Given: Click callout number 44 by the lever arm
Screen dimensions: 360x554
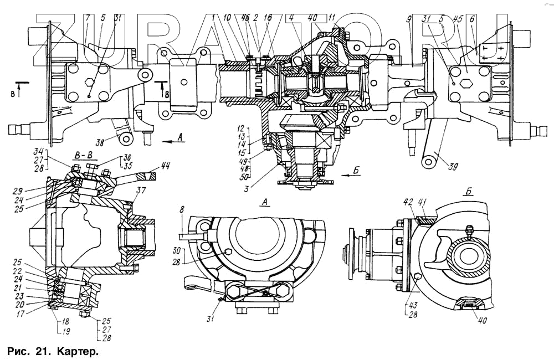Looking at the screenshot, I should point(166,164).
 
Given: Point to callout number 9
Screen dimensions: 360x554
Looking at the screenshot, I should point(408,18).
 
